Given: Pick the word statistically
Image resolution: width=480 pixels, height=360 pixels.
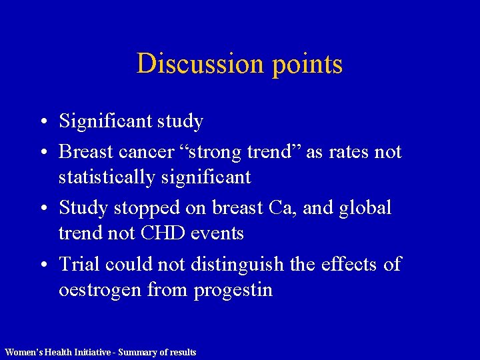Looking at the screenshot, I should click(x=107, y=177).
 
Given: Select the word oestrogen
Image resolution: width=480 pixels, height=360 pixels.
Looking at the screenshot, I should click(x=99, y=291).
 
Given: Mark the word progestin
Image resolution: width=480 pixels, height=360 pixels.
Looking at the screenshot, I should click(x=233, y=291).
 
